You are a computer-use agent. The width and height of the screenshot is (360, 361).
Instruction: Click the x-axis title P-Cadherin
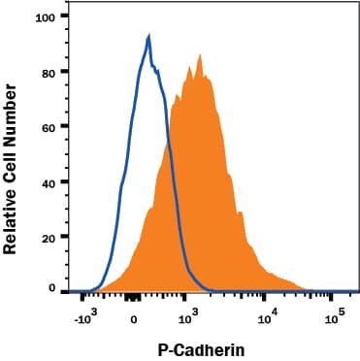200,346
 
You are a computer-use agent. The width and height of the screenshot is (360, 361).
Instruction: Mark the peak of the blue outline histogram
148,36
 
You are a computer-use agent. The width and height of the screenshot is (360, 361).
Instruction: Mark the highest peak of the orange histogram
200,55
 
